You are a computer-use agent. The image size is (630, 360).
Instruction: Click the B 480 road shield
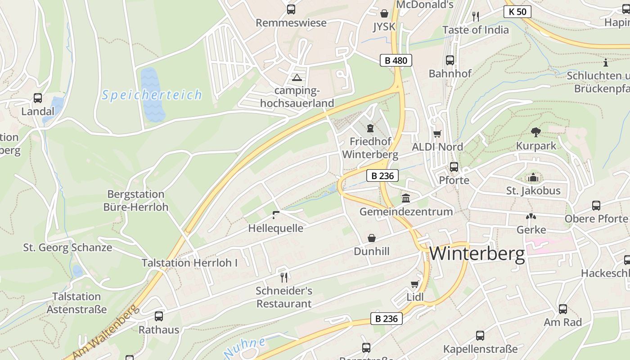coord(396,60)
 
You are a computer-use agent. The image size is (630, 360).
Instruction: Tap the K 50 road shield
coord(517,12)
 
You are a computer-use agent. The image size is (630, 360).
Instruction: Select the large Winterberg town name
coord(477,254)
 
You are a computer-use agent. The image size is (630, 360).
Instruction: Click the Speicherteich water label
coord(152,95)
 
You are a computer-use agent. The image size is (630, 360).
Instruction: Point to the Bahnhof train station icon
coord(450,60)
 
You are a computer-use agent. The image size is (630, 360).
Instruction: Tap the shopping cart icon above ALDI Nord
coord(437,134)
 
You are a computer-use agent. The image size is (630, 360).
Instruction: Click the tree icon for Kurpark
coord(535,132)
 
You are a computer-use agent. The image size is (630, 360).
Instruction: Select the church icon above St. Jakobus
coord(533,178)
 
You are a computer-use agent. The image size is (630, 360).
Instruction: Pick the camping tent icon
coord(297,77)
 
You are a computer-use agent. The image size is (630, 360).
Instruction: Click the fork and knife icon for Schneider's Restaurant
coord(283,277)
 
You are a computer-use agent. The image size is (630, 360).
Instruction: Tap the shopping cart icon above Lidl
coord(415,284)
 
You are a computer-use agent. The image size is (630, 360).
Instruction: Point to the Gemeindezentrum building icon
coord(406,198)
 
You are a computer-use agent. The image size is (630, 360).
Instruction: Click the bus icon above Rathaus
coord(158,316)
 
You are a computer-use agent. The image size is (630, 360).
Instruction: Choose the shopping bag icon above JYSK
coord(384,13)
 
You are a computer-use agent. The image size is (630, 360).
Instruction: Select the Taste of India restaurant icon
coord(476,17)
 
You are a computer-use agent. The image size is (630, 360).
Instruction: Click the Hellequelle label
coord(276,228)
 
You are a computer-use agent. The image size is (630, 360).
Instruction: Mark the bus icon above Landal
coord(38,98)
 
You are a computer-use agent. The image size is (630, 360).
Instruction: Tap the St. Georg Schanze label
coord(67,247)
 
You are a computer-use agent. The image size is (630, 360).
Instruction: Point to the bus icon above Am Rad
coord(562,309)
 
